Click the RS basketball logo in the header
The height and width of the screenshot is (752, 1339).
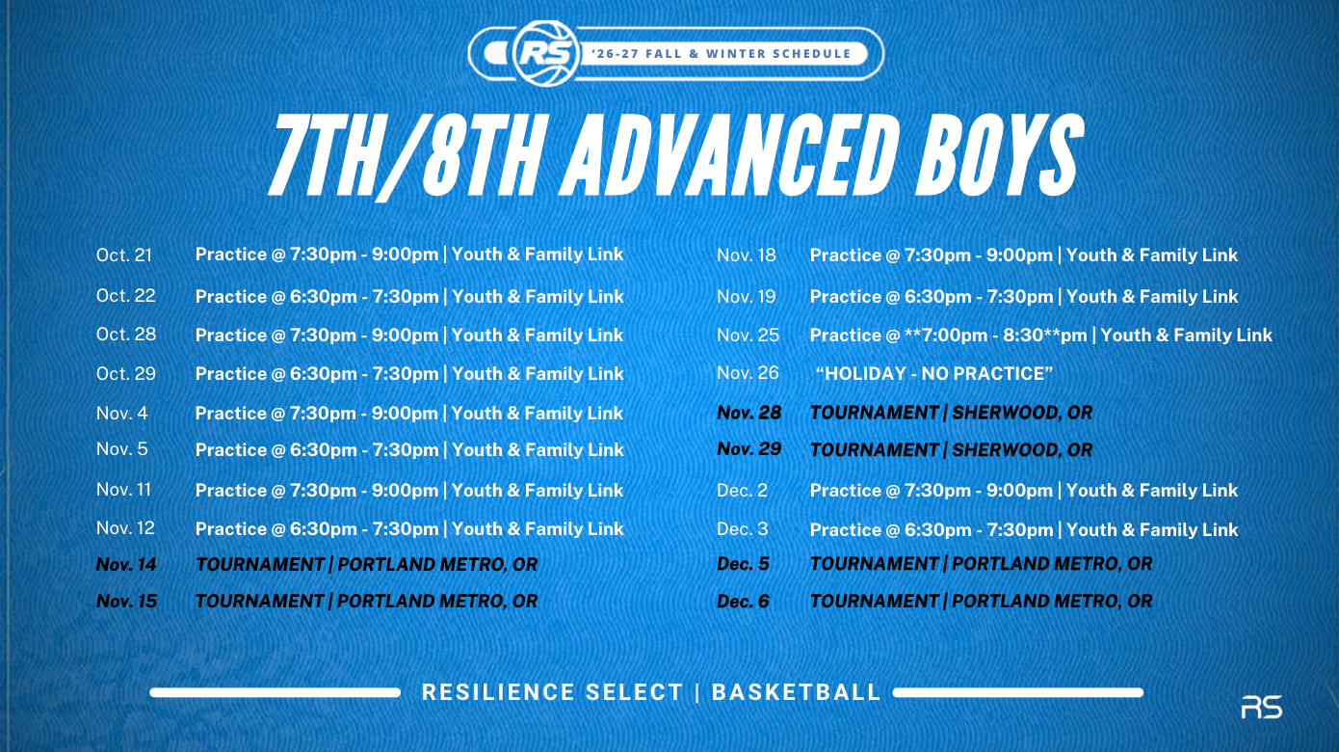tap(546, 53)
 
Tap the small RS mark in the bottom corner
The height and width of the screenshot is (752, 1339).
tap(1261, 707)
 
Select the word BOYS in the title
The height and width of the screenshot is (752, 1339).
tap(998, 155)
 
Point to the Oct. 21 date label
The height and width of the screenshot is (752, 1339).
tap(123, 255)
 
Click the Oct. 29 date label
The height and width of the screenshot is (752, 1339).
tap(125, 374)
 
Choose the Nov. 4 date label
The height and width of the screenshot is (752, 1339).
tap(122, 414)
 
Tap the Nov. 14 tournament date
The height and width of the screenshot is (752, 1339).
tap(126, 564)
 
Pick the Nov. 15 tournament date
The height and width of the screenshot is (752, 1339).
tap(126, 601)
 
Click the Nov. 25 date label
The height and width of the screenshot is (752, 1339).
tap(748, 335)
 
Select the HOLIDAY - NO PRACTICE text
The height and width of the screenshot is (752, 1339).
tap(934, 374)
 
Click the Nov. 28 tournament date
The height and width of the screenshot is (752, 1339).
tap(749, 413)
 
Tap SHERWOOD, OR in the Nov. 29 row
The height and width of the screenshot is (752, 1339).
tap(1021, 450)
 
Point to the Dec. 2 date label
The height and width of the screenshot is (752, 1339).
tap(742, 491)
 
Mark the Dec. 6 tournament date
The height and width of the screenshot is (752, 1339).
tap(743, 602)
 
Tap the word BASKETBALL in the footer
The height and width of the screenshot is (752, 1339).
tap(797, 692)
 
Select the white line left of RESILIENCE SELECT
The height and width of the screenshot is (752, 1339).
tap(275, 693)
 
